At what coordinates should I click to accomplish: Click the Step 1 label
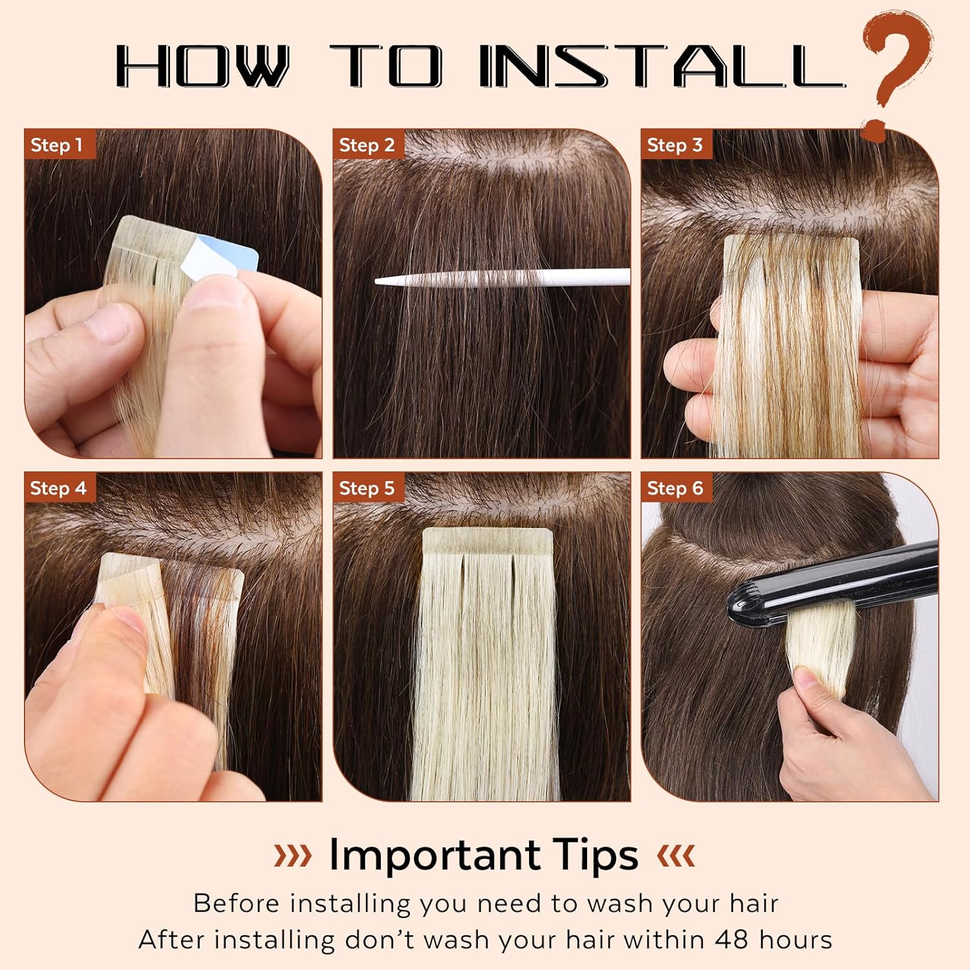57,145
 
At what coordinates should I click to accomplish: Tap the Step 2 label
367,145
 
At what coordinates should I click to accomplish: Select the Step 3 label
674,145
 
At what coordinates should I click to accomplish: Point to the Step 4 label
58,488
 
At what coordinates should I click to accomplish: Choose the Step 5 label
367,488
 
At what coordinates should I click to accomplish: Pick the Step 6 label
674,488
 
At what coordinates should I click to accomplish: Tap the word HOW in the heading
202,66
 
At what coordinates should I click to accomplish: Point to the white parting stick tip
388,281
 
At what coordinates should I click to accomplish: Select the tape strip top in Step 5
488,541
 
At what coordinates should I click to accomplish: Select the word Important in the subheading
435,855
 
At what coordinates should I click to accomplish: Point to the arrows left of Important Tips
292,855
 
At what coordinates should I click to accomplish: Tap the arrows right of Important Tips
676,855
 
